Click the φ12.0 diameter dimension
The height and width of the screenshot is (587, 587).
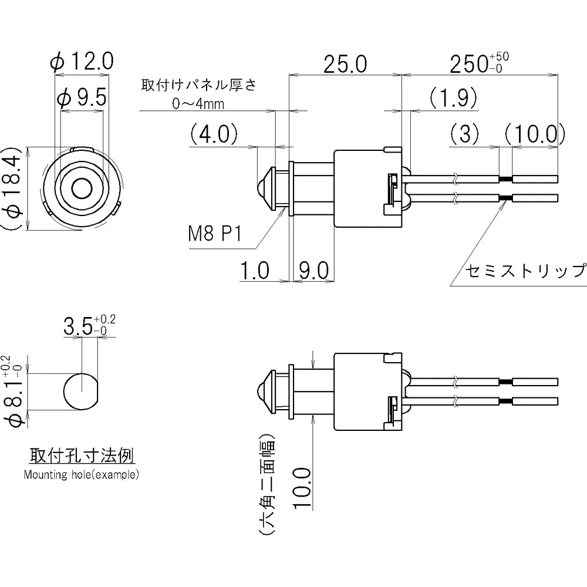pos(82,60)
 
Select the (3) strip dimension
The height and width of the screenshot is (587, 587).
pos(467,134)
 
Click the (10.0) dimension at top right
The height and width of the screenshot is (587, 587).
pos(534,134)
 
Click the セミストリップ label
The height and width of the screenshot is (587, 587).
pos(525,271)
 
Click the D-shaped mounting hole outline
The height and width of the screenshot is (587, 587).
pos(80,392)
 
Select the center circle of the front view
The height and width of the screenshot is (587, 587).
pos(82,188)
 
